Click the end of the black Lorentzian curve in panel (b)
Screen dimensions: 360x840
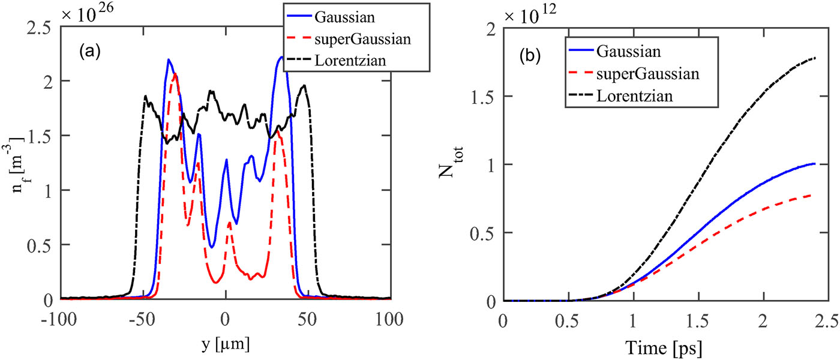(816, 58)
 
